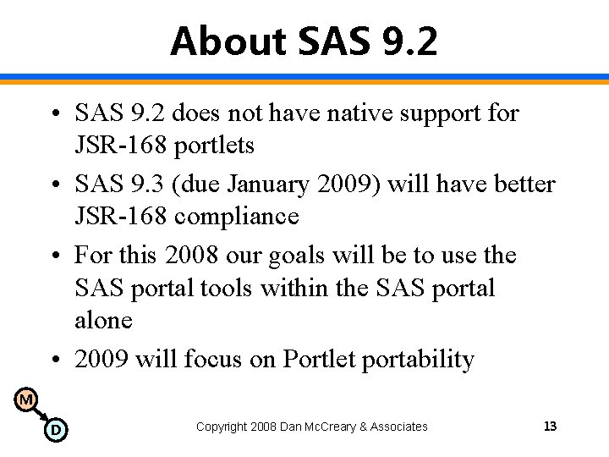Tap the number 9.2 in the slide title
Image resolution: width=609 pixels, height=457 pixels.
pyautogui.click(x=404, y=41)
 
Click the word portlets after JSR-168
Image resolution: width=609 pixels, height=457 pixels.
pyautogui.click(x=214, y=146)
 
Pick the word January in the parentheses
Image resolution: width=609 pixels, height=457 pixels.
pyautogui.click(x=270, y=184)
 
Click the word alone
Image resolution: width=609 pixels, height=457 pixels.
pyautogui.click(x=103, y=321)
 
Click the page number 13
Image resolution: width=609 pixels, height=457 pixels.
pyautogui.click(x=550, y=427)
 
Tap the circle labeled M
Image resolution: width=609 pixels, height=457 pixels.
pyautogui.click(x=26, y=399)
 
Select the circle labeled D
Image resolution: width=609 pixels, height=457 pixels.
pyautogui.click(x=55, y=430)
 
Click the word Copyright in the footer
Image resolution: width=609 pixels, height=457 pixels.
pyautogui.click(x=222, y=427)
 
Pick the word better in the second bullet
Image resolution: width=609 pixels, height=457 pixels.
pyautogui.click(x=525, y=184)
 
